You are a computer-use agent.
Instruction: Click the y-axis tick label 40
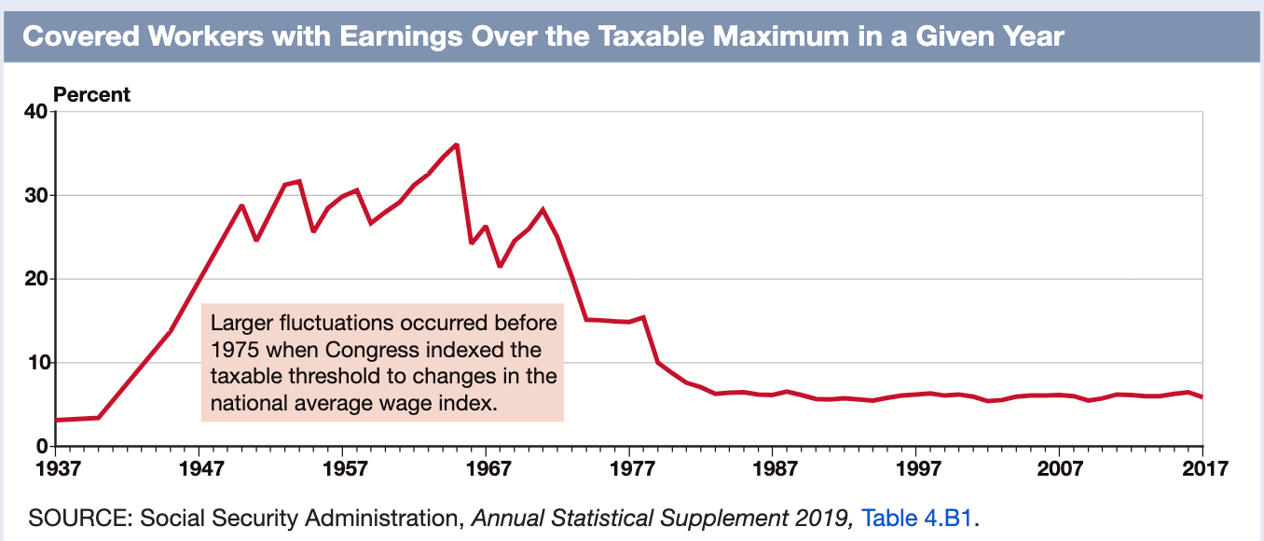[35, 112]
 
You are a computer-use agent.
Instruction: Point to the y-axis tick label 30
[35, 196]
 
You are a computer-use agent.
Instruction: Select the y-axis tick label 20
[35, 279]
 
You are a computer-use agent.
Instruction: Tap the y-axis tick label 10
[35, 363]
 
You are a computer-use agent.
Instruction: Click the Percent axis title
[92, 94]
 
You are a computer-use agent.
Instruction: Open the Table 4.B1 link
[918, 517]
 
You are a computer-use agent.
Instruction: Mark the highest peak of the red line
[456, 145]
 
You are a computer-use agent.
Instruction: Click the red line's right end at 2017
[1202, 397]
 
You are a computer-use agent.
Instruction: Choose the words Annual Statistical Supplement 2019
[663, 517]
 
